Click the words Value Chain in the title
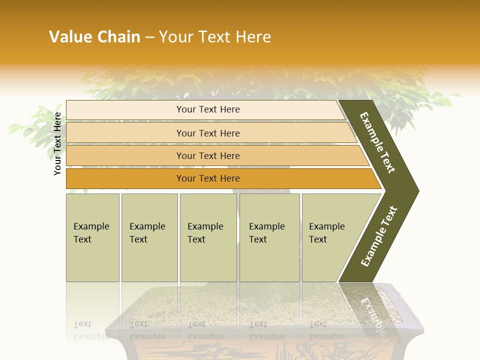pos(94,37)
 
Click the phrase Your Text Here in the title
pos(215,37)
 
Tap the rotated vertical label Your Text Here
pos(57,143)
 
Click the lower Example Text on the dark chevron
pos(378,236)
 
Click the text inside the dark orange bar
pos(208,178)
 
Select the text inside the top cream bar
pos(208,109)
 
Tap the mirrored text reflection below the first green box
pos(91,330)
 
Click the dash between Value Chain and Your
pos(149,37)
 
